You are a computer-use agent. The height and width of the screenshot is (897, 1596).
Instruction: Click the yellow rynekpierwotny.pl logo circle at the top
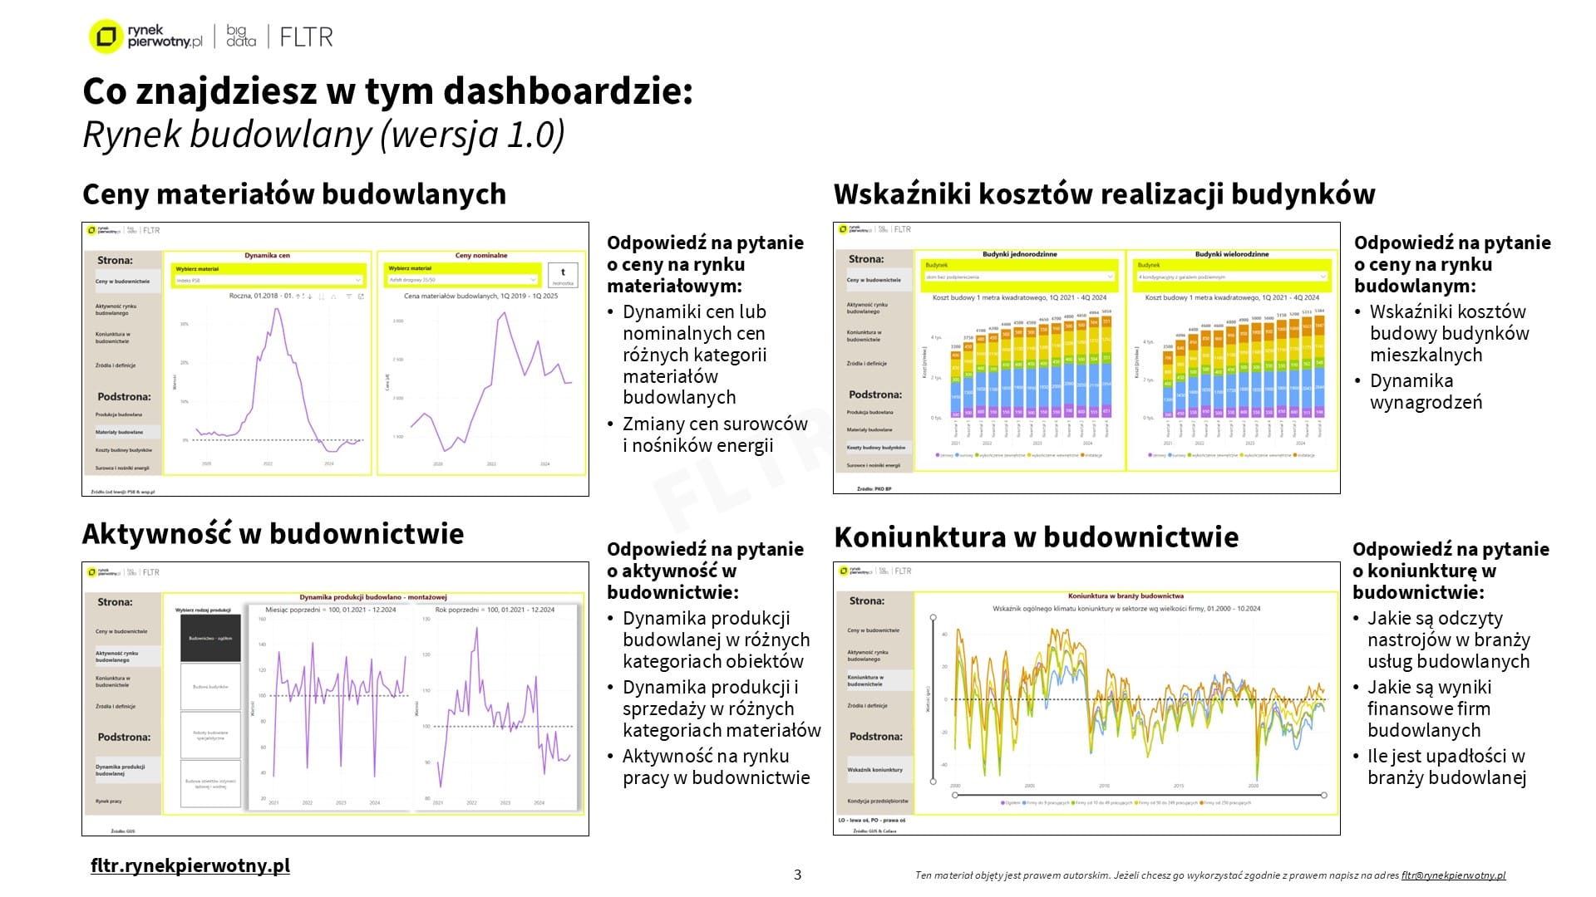[106, 37]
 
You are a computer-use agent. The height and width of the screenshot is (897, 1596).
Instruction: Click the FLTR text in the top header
[306, 37]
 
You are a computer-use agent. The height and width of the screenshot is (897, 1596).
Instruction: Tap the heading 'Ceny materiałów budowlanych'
[294, 194]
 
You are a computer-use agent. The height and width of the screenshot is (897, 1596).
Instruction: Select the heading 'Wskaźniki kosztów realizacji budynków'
[1104, 194]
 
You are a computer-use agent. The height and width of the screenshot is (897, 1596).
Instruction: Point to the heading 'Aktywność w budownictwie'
[273, 533]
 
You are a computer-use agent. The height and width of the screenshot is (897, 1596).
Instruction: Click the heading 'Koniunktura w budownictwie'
[1036, 537]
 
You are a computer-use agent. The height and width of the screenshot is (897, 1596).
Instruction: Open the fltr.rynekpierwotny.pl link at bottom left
[190, 865]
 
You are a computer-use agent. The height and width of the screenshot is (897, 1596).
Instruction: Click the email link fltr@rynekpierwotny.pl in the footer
[1453, 875]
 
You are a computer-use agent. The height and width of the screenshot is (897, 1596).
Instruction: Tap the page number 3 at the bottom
[798, 875]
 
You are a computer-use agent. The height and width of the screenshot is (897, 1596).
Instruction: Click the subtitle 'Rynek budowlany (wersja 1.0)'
[323, 135]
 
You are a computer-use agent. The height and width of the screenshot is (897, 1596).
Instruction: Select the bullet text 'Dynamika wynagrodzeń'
[1426, 391]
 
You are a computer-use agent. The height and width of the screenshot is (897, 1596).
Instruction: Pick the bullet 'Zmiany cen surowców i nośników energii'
[714, 434]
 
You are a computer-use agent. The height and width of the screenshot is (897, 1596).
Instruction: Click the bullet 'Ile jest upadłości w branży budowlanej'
[1446, 767]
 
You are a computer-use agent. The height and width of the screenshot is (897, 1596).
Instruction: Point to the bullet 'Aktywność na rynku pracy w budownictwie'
[715, 767]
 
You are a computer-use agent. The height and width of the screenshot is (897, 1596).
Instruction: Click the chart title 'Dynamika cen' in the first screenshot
[267, 256]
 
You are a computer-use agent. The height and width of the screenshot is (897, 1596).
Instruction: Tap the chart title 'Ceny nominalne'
[481, 256]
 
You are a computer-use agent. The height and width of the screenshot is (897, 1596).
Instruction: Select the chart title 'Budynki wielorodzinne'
[1232, 254]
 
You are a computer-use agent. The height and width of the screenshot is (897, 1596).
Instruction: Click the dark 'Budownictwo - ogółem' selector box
[210, 638]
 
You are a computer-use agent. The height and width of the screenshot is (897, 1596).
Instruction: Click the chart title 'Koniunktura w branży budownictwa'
[1126, 596]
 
